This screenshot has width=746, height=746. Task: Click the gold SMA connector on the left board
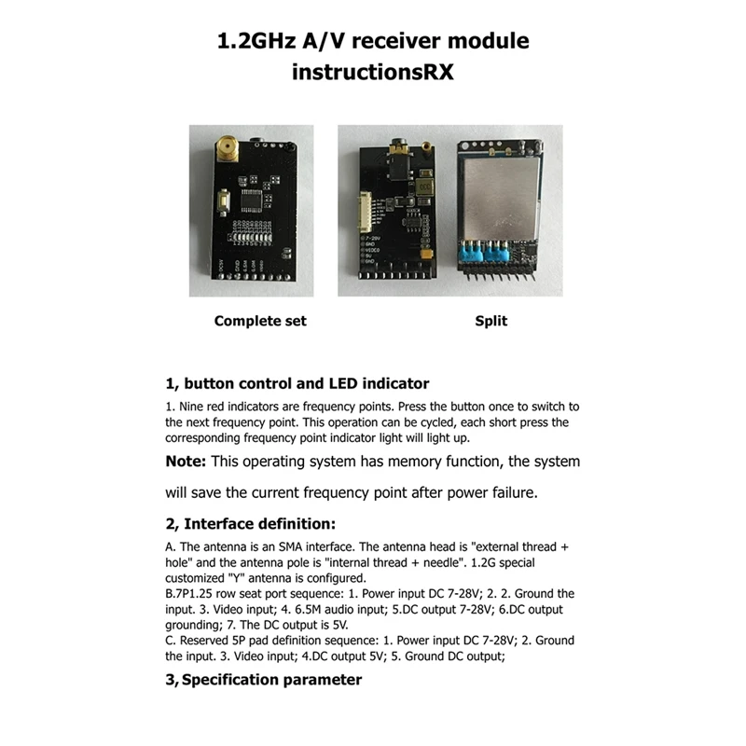(225, 146)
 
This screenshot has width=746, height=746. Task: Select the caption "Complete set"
(260, 321)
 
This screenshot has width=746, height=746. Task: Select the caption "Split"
(491, 321)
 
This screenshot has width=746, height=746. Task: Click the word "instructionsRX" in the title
(372, 72)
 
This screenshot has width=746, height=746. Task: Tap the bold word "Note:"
(186, 461)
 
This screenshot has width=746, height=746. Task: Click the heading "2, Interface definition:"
(250, 524)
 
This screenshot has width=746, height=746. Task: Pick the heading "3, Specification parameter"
(264, 680)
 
